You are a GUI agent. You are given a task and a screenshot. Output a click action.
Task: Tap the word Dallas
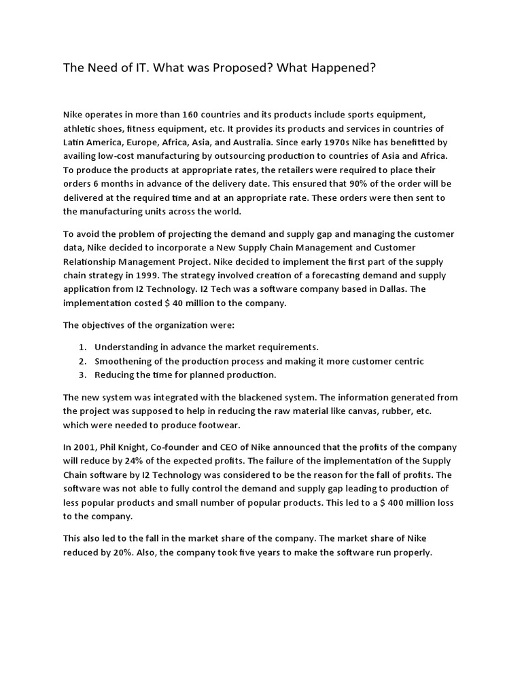(x=389, y=289)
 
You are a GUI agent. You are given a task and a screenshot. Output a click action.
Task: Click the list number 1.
(x=82, y=347)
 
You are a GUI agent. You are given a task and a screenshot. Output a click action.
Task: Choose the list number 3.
(x=82, y=375)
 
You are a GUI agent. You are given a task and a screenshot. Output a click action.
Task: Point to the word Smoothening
(x=124, y=361)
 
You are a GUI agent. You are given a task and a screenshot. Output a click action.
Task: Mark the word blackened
(x=247, y=397)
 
